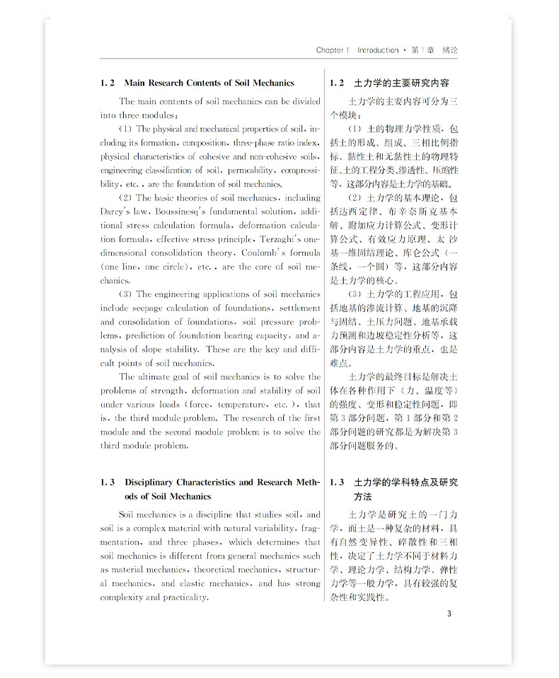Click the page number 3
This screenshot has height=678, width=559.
(449, 613)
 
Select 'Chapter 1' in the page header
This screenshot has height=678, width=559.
(333, 50)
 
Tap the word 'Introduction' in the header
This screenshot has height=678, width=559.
(377, 50)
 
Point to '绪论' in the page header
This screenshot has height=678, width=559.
(449, 50)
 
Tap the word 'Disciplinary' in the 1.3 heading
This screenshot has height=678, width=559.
(152, 483)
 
